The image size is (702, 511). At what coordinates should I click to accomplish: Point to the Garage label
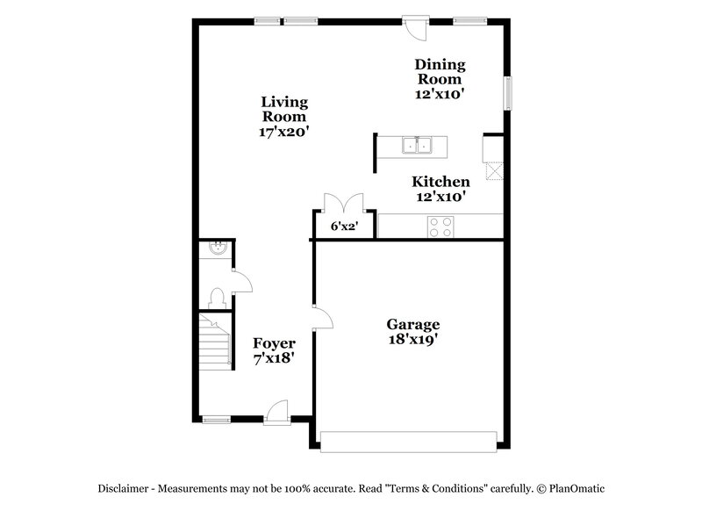pos(412,324)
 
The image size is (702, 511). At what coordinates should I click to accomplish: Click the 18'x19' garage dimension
pos(412,339)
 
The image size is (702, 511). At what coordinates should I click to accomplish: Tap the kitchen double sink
pos(418,145)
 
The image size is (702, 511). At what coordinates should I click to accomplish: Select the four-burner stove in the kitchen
pos(441,227)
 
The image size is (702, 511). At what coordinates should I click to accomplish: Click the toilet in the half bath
pos(217,297)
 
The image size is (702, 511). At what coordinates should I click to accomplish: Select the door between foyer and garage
pos(323,318)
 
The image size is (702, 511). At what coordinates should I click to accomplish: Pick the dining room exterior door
pos(418,26)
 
